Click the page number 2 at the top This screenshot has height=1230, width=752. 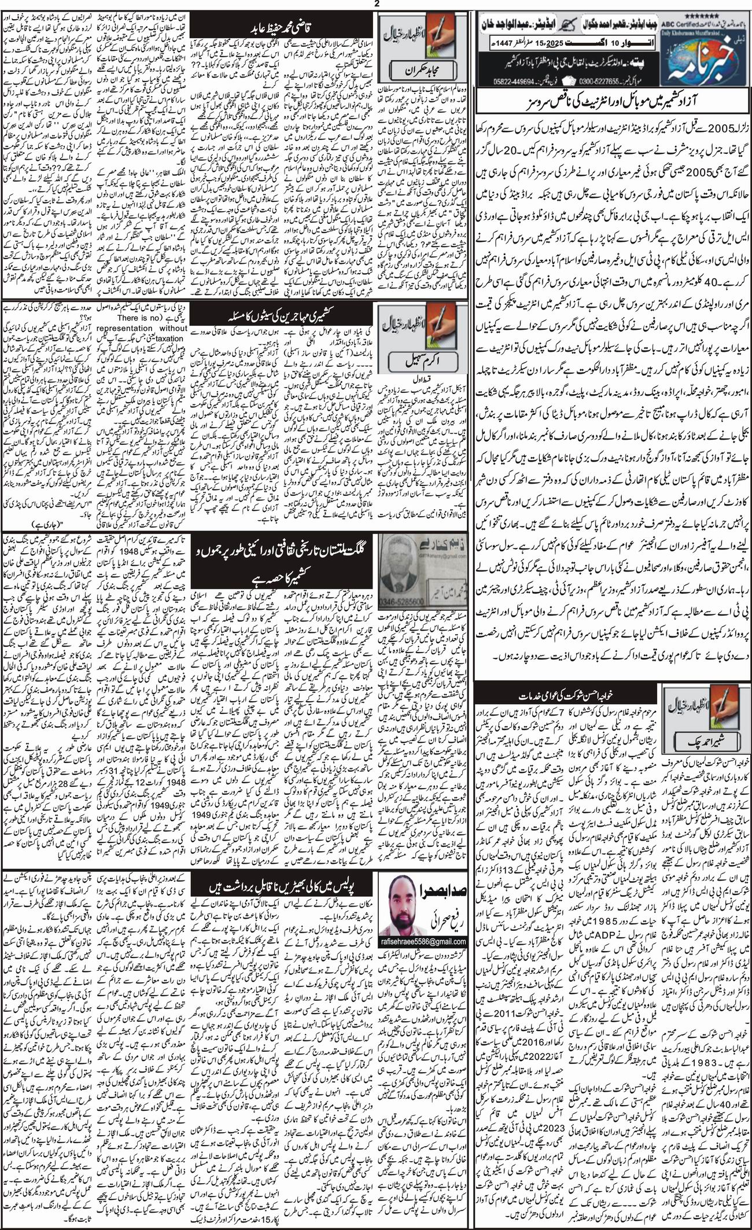coord(376,5)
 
